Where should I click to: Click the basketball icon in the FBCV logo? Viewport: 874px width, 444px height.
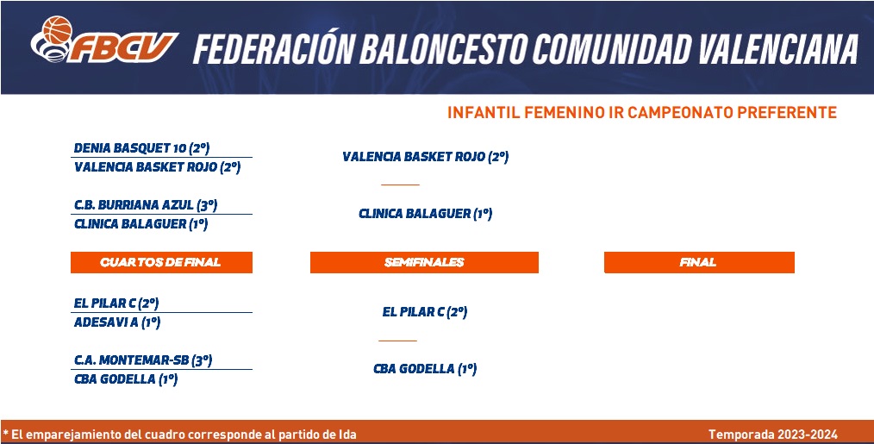(57, 30)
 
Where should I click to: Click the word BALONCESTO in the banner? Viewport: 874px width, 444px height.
(443, 48)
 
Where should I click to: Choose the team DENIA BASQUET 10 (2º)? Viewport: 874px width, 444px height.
(141, 148)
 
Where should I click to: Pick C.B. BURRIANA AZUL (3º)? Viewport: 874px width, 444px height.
(146, 205)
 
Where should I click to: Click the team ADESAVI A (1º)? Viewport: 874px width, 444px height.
(117, 322)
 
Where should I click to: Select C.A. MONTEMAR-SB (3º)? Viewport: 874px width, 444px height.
(143, 360)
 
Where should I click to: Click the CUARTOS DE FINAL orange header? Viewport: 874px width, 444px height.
(161, 263)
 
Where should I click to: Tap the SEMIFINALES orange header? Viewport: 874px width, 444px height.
(424, 263)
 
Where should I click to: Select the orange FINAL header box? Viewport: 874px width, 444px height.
(699, 263)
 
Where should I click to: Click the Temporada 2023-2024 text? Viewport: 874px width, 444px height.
(773, 435)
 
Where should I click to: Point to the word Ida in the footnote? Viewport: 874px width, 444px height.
(346, 435)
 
